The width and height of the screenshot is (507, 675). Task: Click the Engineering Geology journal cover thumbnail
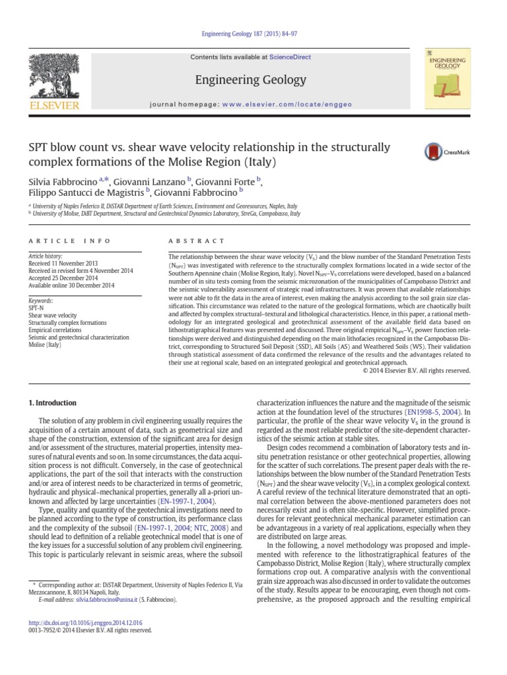[x=447, y=80]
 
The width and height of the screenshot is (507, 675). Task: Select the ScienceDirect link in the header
[x=293, y=57]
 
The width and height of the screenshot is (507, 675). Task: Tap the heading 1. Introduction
[x=53, y=403]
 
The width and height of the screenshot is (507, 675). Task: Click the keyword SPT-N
[x=36, y=308]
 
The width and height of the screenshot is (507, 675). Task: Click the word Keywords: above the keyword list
[x=40, y=300]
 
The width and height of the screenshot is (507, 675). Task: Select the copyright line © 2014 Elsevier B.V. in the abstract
[x=417, y=371]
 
